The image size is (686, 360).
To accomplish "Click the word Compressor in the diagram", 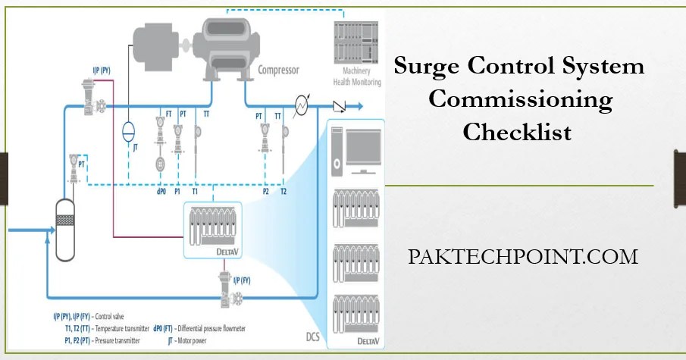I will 278,70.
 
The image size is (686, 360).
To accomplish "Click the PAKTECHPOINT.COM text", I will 522,256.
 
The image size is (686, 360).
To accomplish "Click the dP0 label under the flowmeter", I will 160,192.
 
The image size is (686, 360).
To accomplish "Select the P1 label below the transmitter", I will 177,192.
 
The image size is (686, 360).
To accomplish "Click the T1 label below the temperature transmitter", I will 196,192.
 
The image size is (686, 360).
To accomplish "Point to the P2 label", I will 265,192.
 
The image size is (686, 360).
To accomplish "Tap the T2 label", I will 283,192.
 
